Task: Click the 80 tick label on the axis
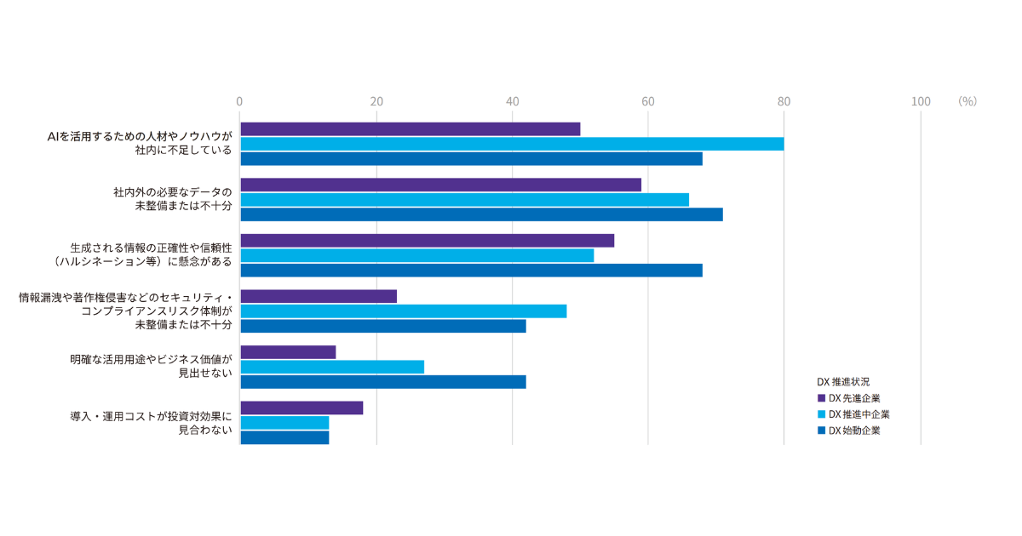click(x=784, y=101)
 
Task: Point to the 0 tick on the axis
click(x=240, y=101)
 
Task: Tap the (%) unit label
click(x=967, y=101)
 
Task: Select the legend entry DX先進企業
click(x=854, y=397)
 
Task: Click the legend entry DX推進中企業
click(x=858, y=414)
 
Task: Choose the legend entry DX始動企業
click(x=854, y=431)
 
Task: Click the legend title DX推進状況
click(x=842, y=381)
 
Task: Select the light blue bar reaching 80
click(x=511, y=144)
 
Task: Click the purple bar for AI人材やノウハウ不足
click(x=410, y=129)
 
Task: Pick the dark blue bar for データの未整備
click(x=481, y=214)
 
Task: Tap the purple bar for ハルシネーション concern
click(x=427, y=241)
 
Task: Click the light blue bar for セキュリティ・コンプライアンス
click(x=403, y=311)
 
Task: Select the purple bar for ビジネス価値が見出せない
click(x=288, y=352)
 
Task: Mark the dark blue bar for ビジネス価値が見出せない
click(x=382, y=382)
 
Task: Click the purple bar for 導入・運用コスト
click(x=301, y=408)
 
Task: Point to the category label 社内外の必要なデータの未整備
click(x=172, y=199)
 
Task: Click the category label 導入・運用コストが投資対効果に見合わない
click(x=151, y=424)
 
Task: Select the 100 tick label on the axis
click(x=920, y=101)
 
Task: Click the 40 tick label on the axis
click(x=512, y=101)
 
